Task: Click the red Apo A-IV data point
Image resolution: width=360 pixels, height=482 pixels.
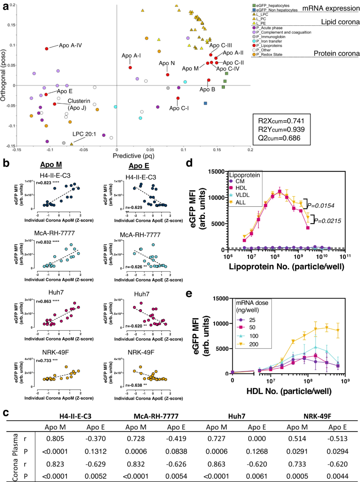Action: tap(47, 49)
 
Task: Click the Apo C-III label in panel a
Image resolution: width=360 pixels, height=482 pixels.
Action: tap(220, 45)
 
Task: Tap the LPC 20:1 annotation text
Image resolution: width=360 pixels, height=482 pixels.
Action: tap(84, 134)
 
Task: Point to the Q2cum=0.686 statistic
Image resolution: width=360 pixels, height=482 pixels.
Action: tap(279, 138)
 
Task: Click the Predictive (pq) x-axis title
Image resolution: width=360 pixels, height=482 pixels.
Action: tap(133, 156)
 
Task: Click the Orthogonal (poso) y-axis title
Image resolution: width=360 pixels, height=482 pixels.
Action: tap(3, 75)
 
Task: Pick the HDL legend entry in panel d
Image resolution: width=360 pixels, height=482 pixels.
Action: tap(241, 188)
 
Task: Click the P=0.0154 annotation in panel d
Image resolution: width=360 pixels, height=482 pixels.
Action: tap(321, 206)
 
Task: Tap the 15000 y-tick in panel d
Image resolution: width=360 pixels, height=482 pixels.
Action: tap(216, 172)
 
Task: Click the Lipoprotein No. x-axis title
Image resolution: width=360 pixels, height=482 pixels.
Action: tap(286, 266)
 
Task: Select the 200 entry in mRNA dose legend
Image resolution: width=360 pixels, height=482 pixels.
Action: tap(253, 344)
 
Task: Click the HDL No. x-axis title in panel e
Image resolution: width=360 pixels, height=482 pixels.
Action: tap(289, 391)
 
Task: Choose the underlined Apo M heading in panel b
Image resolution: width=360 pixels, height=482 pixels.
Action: tap(51, 165)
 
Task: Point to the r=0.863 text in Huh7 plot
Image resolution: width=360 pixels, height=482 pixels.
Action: tap(44, 301)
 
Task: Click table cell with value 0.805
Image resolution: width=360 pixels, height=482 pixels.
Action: tap(55, 439)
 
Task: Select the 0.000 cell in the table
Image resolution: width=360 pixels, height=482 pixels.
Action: tap(257, 439)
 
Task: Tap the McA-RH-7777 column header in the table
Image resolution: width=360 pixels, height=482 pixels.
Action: tap(156, 416)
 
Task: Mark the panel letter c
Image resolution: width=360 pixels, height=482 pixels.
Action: tap(6, 413)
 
